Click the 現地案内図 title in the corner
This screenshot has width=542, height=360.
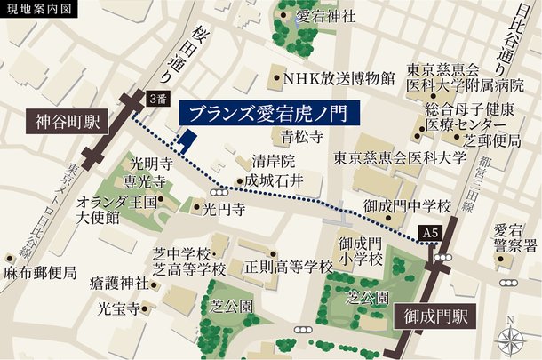39,11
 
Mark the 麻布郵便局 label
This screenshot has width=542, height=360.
39,272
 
